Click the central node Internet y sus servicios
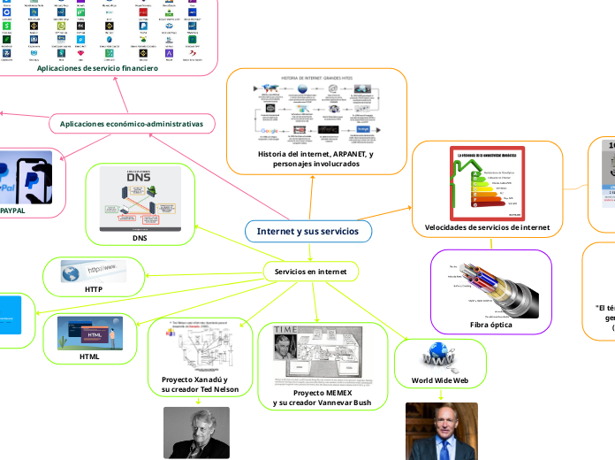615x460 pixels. coord(307,231)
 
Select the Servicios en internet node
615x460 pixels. coord(310,271)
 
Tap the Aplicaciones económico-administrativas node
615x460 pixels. coord(132,125)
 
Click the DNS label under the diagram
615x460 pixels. coord(140,238)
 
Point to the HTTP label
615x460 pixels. coord(94,289)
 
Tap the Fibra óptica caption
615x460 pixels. coord(490,325)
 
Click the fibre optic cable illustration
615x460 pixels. coord(490,285)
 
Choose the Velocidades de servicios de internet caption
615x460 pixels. coord(487,227)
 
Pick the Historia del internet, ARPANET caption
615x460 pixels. coord(315,158)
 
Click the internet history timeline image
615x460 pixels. coord(315,111)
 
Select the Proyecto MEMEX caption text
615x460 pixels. coord(323,397)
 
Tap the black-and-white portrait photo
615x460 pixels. coord(196,433)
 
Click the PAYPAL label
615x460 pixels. coord(13,211)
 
